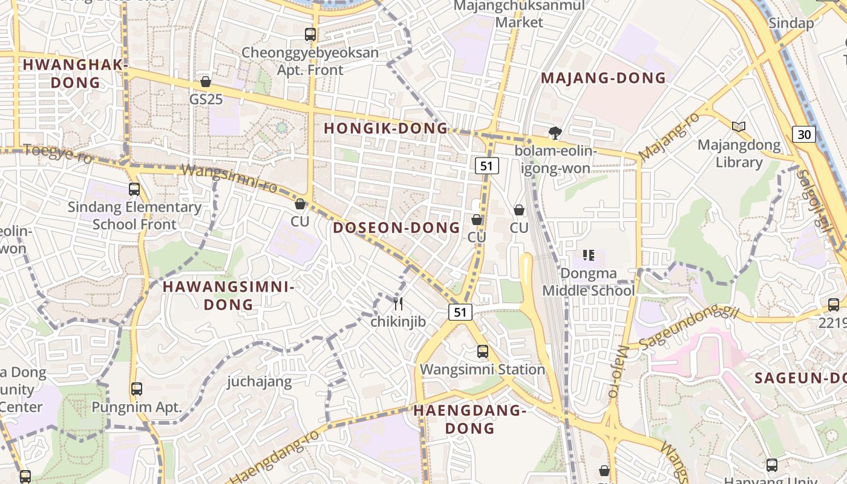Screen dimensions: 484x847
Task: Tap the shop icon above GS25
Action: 206,82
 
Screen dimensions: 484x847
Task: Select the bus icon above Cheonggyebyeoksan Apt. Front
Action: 310,34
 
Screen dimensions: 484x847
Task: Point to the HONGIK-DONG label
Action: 386,128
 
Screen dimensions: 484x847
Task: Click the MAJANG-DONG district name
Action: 603,78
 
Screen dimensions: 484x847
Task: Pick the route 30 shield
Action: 804,134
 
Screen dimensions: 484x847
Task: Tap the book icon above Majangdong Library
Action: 738,126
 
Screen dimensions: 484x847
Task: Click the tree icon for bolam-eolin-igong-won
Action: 554,132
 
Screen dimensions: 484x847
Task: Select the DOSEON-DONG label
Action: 396,227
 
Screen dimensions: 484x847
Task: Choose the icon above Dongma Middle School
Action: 588,255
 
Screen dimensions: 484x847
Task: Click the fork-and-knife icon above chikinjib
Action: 398,304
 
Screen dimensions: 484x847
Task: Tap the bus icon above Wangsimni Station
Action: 482,351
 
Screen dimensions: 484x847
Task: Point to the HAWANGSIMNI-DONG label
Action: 229,295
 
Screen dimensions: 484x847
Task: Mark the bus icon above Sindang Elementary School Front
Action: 134,189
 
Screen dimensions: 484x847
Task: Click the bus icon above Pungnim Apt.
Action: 137,388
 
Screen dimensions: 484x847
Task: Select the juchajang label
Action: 260,382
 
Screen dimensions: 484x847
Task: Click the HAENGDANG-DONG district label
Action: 470,419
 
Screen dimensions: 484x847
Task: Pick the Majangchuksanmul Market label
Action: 519,14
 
